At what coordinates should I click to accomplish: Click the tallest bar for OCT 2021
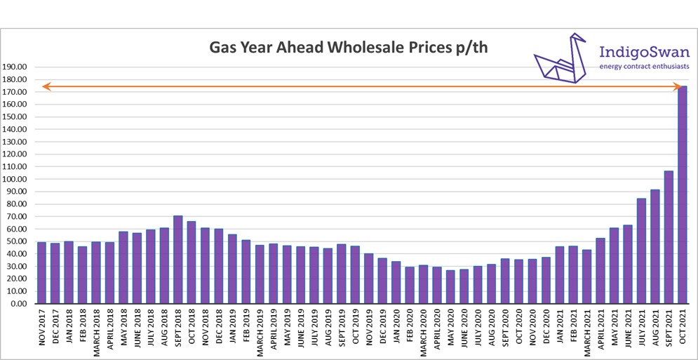[682, 196]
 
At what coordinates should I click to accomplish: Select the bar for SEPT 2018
[177, 260]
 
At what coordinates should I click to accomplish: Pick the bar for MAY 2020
[450, 287]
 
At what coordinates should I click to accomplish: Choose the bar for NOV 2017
[41, 273]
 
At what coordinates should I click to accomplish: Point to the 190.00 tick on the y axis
[15, 67]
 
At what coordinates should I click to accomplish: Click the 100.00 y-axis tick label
[15, 180]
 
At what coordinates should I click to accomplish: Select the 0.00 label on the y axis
[19, 304]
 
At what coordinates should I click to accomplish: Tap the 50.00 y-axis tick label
[17, 242]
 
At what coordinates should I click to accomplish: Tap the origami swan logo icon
[559, 59]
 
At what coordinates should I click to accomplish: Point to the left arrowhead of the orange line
[45, 86]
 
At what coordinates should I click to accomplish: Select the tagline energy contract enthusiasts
[644, 67]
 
